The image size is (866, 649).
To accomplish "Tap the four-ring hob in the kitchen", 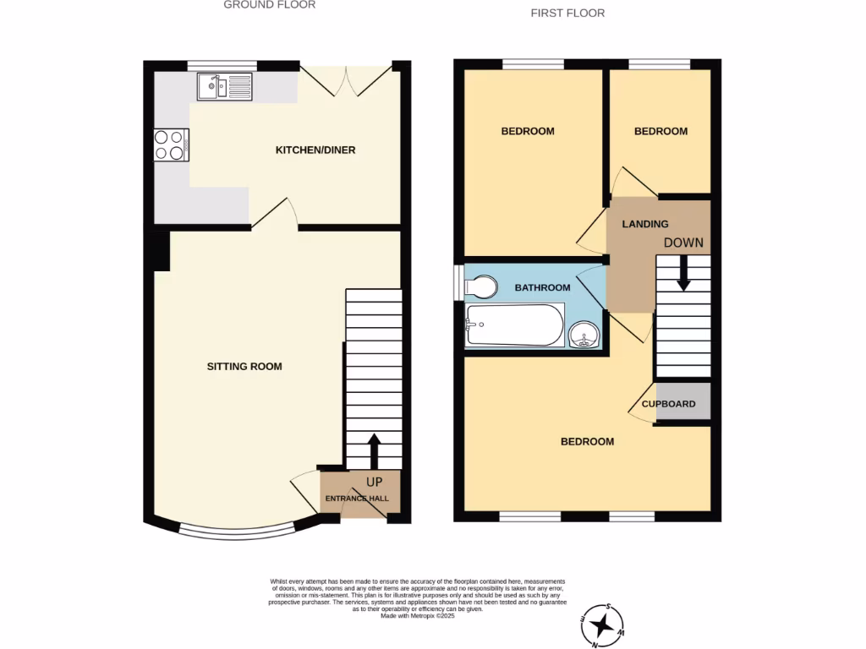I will (171, 145).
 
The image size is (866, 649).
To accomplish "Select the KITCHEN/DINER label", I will (315, 150).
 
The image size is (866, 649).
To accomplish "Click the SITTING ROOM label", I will (244, 367).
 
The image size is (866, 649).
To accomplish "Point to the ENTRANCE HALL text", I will (358, 499).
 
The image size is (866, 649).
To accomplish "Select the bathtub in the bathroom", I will (514, 325).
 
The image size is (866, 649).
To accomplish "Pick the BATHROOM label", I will (543, 288).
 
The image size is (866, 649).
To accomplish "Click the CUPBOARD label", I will (668, 404).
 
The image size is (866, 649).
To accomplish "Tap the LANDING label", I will (645, 224).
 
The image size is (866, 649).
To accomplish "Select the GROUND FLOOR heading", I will (269, 5).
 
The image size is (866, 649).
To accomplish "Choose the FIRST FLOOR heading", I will (567, 13).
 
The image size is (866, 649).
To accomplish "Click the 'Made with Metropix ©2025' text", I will (418, 616).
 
